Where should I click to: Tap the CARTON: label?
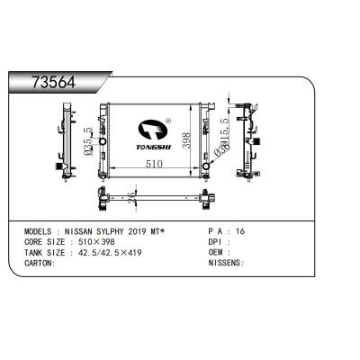pos(40,263)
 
